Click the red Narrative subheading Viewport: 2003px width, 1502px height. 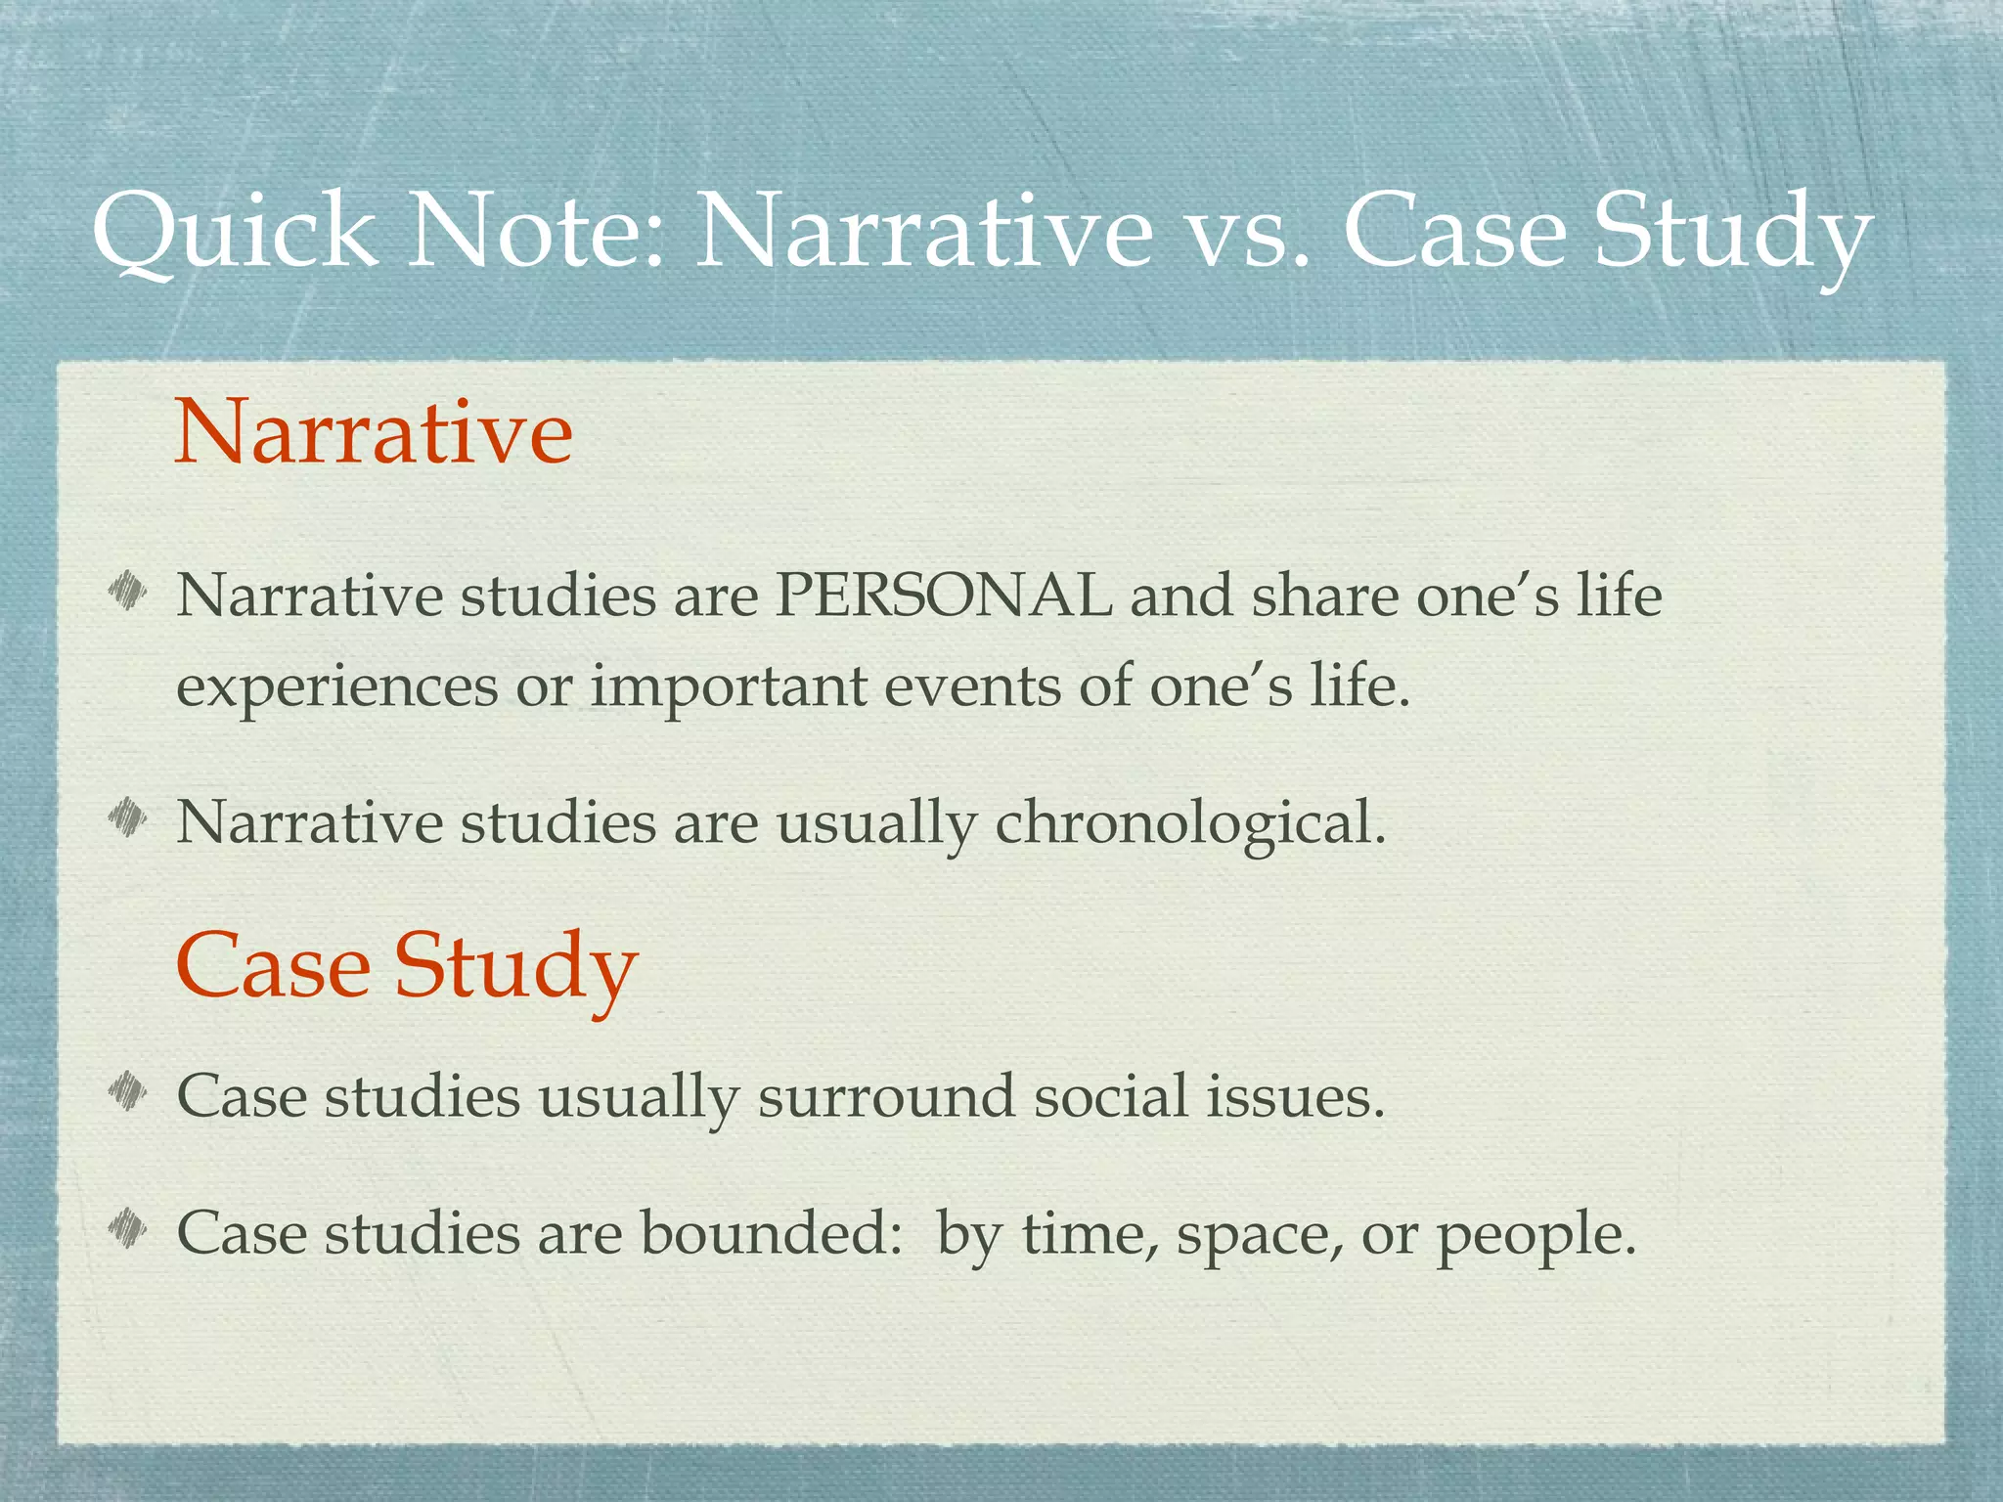coord(374,432)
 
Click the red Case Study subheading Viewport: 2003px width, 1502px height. coord(407,966)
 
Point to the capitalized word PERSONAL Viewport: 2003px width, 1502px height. coord(944,596)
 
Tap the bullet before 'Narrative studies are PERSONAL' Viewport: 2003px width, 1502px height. coord(128,590)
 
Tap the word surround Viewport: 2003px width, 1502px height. coord(886,1096)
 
